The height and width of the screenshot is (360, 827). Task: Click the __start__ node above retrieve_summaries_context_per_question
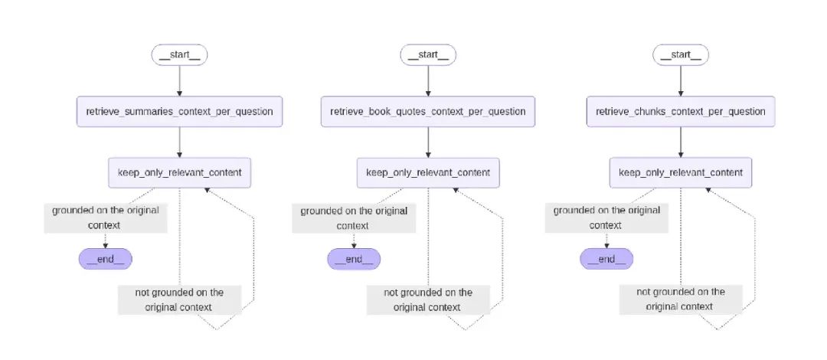179,55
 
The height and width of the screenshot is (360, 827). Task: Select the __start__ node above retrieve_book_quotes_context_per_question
428,55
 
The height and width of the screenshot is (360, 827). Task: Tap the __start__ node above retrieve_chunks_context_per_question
680,55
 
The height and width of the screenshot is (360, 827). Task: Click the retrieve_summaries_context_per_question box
179,112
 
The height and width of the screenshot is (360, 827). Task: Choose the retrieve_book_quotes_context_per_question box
428,112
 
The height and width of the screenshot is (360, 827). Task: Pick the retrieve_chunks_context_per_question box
680,112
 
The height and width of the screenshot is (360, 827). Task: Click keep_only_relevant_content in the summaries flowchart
179,172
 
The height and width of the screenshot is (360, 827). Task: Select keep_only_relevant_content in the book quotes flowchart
428,172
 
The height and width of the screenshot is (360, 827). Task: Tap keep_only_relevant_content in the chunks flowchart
680,172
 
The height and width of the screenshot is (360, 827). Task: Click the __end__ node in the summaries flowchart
106,259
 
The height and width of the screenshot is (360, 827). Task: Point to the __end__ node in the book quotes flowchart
354,259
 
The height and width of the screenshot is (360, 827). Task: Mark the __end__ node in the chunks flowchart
606,259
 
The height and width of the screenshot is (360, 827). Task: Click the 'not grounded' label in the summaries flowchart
179,299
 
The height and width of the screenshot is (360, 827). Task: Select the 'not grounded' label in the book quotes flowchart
428,299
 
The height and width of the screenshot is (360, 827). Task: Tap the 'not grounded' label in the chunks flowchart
680,299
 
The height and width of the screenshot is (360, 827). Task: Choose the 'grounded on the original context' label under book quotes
354,218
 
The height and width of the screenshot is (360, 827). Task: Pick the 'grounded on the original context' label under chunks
606,218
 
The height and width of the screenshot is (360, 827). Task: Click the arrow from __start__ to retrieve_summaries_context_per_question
179,80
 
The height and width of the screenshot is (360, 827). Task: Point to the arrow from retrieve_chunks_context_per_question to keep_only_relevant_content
680,142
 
